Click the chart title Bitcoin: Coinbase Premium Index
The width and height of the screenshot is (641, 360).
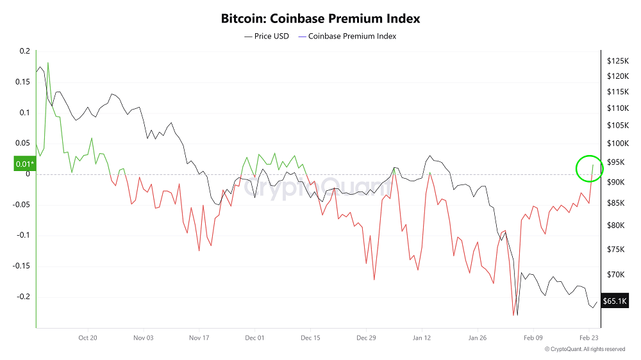click(320, 19)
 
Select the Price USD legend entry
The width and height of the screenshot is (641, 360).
click(267, 37)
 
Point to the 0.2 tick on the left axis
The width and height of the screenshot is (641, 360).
click(24, 51)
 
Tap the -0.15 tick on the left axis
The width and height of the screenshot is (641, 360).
click(21, 266)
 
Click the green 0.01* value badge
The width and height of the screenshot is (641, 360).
click(24, 165)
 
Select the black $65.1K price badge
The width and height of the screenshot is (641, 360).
click(614, 300)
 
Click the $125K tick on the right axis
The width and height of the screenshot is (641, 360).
click(617, 61)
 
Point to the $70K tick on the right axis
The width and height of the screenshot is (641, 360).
click(615, 275)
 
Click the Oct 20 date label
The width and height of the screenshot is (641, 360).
click(88, 337)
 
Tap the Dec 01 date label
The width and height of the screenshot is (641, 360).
click(255, 337)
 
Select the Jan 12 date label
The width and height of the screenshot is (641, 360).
click(422, 337)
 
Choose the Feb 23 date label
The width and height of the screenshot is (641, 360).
click(589, 337)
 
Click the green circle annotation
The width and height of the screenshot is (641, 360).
click(588, 168)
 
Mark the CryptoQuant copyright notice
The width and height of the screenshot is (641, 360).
click(585, 349)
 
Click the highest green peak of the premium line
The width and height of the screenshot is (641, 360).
click(48, 63)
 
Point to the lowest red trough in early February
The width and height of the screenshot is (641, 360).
click(513, 315)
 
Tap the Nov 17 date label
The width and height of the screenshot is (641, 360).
click(199, 337)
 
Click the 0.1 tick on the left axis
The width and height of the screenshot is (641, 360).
click(24, 113)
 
